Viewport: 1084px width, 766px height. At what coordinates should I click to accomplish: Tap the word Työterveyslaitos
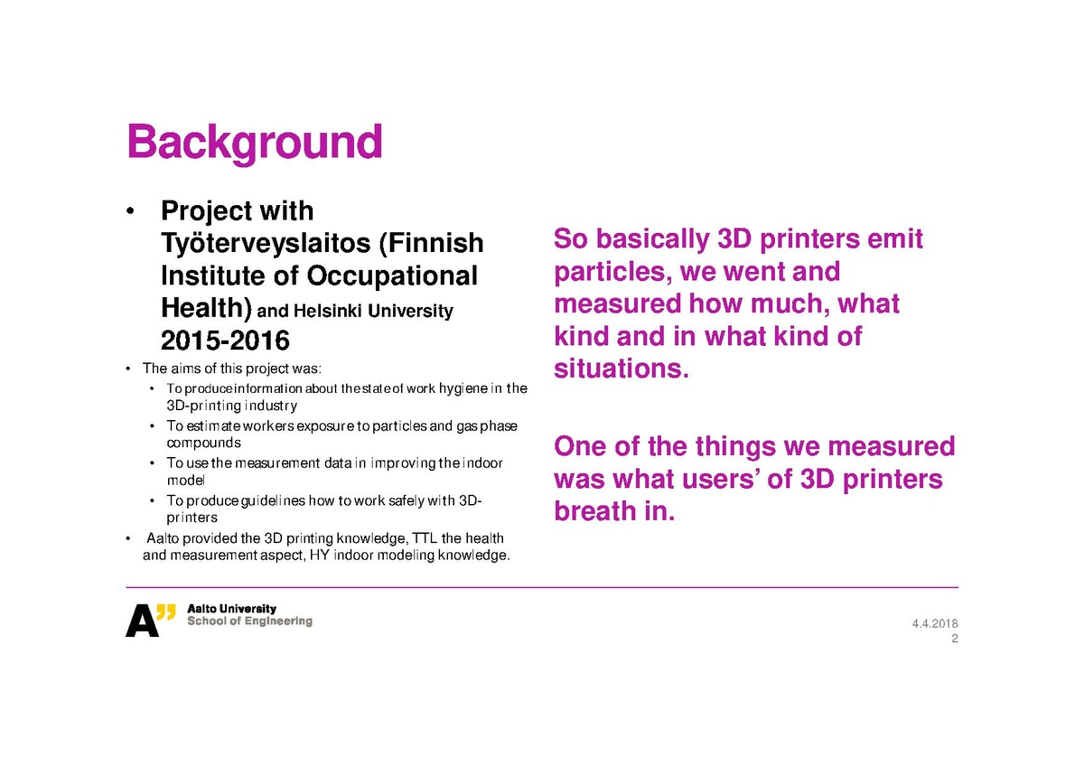coord(267,243)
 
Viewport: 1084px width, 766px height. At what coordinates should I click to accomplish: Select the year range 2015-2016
coord(225,341)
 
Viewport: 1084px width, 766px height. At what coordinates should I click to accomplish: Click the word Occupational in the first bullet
coord(392,276)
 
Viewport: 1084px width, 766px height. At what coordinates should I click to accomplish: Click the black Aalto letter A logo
coord(142,621)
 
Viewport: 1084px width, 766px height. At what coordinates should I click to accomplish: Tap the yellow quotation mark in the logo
coord(166,612)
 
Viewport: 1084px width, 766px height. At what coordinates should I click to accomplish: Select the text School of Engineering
coord(249,621)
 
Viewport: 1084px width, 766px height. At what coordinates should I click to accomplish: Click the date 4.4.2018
coord(935,623)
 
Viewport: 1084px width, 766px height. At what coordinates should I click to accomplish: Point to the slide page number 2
coord(954,639)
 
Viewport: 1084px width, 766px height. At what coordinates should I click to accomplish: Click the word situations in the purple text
coord(621,369)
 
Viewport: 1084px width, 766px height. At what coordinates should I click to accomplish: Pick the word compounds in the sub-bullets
coord(204,444)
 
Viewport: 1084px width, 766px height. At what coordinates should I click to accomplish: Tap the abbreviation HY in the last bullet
coord(320,555)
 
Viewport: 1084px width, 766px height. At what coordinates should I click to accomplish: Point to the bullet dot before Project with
coord(130,211)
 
